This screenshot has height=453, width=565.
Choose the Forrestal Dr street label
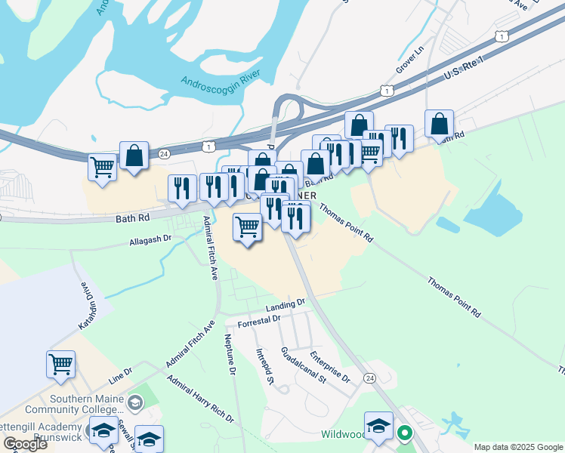click(x=258, y=321)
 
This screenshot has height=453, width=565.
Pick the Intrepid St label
click(x=264, y=365)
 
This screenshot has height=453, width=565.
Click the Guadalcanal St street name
click(x=302, y=365)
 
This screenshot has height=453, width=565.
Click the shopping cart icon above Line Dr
click(x=60, y=363)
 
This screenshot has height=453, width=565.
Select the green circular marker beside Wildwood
click(x=404, y=433)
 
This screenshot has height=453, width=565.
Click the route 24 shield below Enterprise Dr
click(x=369, y=377)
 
